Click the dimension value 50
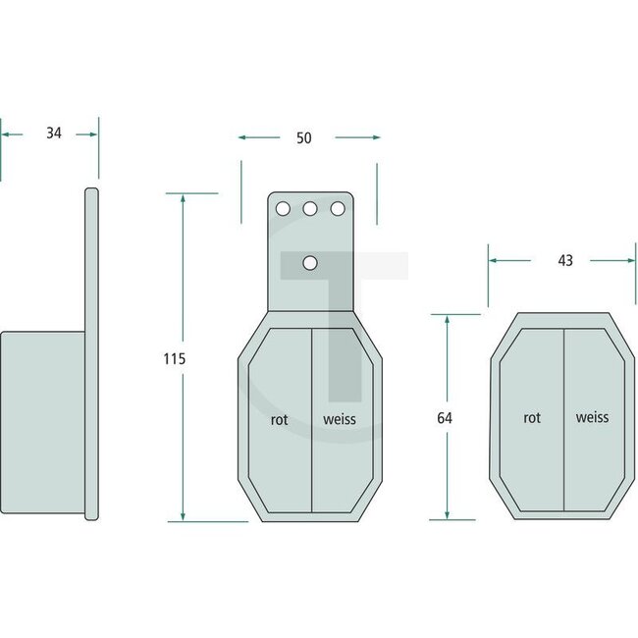click(303, 138)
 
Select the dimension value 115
click(173, 358)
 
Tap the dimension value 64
click(443, 417)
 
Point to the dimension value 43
click(564, 261)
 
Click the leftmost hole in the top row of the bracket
click(283, 209)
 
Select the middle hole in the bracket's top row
click(310, 209)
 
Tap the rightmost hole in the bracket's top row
click(338, 209)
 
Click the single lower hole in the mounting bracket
click(310, 262)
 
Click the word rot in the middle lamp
click(280, 418)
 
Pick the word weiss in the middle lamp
click(340, 418)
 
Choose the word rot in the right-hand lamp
click(532, 417)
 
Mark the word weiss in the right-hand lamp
click(592, 417)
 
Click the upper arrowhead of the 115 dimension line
click(183, 197)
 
